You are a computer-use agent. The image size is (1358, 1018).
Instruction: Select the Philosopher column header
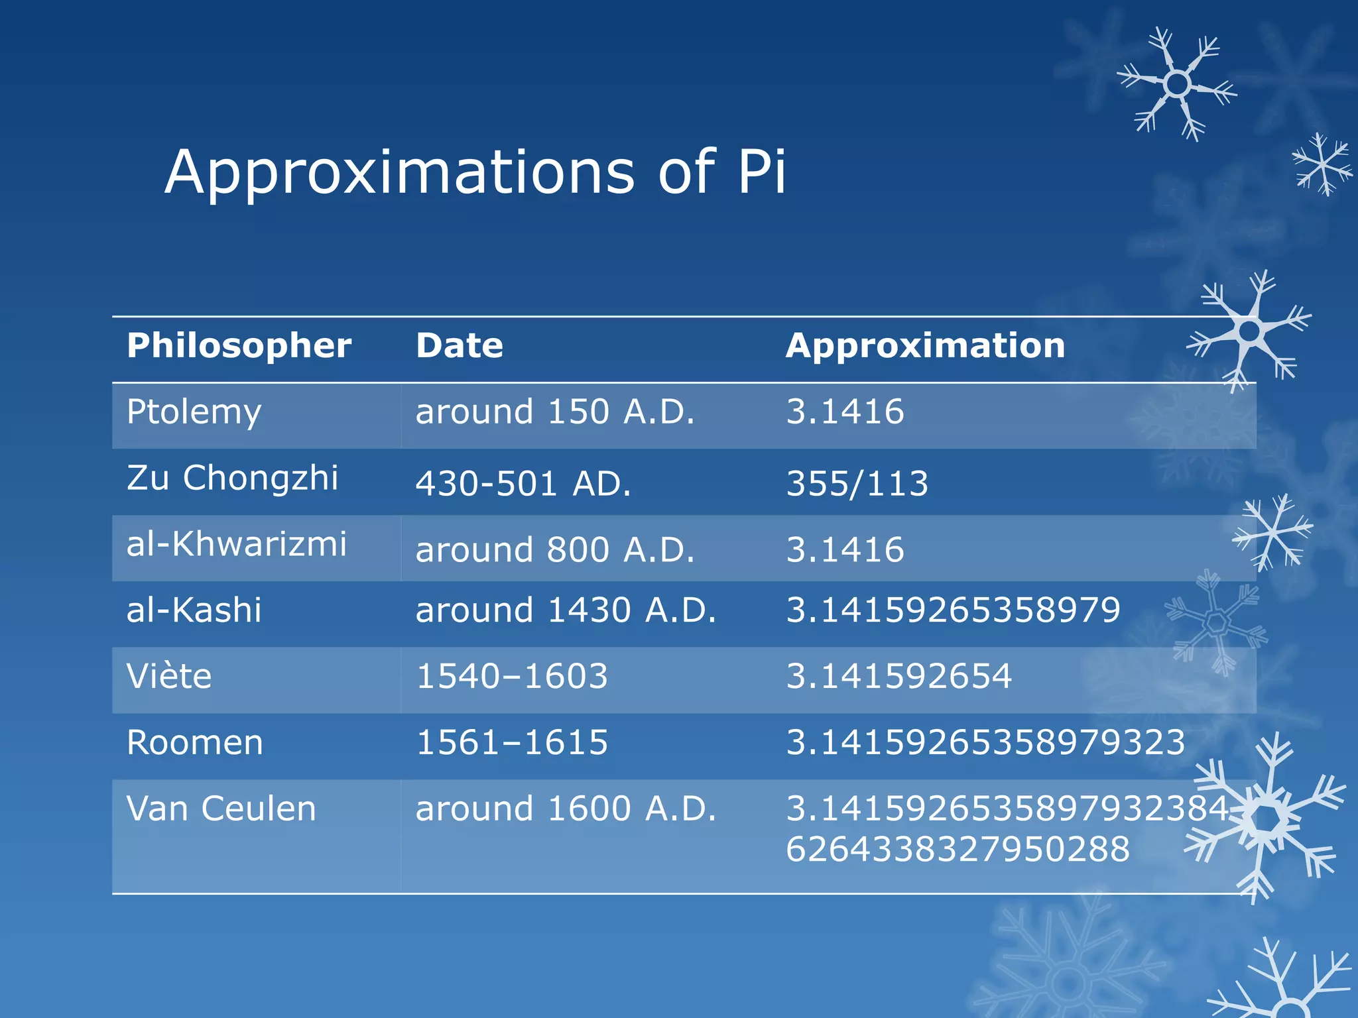coord(239,346)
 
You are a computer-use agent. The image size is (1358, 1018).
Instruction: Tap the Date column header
coord(460,346)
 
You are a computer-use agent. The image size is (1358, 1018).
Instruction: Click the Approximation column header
coord(925,346)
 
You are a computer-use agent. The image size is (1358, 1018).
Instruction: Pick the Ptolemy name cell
coord(194,413)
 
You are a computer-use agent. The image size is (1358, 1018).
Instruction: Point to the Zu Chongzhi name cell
coord(232,478)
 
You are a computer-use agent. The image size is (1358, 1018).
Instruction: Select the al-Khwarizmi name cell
coord(237,544)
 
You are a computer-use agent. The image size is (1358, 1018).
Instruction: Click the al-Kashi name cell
coord(194,610)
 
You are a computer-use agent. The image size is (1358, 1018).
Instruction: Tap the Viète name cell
coord(169,677)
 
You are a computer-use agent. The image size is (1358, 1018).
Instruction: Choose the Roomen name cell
coord(195,743)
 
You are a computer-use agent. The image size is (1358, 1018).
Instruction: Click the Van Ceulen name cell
coord(221,809)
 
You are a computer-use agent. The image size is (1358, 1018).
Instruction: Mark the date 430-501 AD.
coord(523,484)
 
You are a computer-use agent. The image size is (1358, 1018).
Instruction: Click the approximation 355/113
coord(857,484)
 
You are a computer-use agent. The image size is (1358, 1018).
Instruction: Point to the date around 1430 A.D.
coord(566,610)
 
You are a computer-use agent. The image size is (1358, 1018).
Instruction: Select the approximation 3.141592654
coord(898,677)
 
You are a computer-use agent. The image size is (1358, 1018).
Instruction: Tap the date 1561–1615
coord(512,743)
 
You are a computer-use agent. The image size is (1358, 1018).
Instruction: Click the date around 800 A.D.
coord(555,550)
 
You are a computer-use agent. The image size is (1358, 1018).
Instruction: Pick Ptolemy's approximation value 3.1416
coord(845,412)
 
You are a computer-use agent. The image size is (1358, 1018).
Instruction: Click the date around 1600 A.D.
coord(566,809)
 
